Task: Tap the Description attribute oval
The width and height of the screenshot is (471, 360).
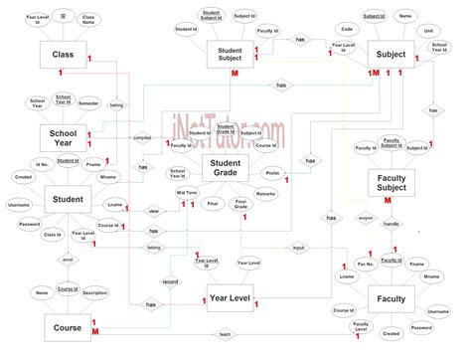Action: point(95,293)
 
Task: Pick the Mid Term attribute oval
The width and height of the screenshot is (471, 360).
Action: point(187,193)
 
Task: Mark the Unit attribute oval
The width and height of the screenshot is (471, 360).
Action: point(427,31)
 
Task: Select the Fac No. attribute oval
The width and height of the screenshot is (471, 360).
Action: point(364,263)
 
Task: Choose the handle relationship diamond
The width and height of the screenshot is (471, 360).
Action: point(391,225)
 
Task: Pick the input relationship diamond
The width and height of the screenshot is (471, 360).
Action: point(298,247)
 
